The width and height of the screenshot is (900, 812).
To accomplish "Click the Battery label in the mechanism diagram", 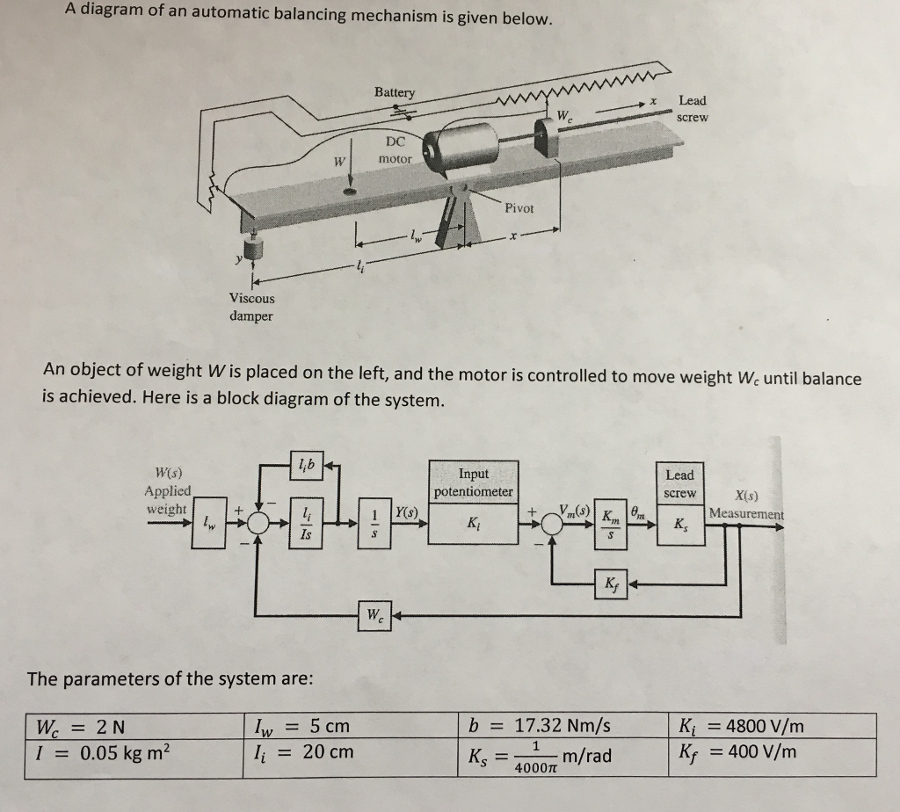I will (x=395, y=92).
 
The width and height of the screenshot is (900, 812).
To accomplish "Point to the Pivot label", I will (x=519, y=208).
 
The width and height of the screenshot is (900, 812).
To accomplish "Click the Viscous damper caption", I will (x=251, y=307).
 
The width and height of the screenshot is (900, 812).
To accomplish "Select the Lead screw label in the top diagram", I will (x=692, y=108).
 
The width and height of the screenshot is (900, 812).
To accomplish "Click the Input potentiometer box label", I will (x=473, y=482).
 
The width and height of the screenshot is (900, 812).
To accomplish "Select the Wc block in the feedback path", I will (x=374, y=613).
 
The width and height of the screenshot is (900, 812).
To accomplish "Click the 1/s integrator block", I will (x=375, y=526).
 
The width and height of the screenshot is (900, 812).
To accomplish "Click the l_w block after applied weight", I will (x=208, y=526).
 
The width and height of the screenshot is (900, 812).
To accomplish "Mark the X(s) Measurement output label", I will (x=746, y=504).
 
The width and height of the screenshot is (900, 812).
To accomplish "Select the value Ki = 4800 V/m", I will (x=742, y=727).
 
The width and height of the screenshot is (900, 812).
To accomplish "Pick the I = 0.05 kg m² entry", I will (x=103, y=753).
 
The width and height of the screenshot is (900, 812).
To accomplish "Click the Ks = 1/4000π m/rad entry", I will (x=544, y=755).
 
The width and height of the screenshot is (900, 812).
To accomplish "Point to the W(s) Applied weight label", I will (x=167, y=490).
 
